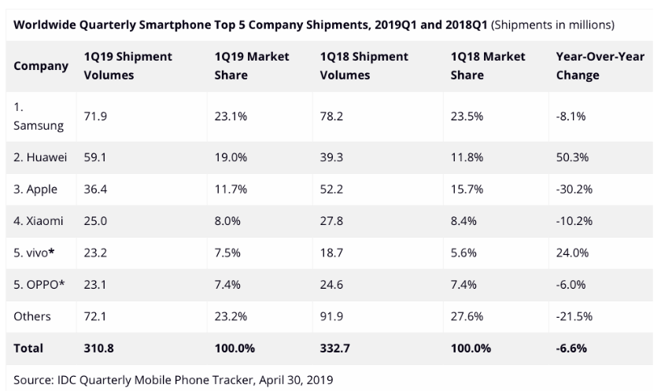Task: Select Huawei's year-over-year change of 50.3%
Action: click(571, 157)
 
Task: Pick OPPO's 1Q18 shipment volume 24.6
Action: click(334, 284)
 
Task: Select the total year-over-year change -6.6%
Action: click(572, 347)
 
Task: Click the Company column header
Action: click(41, 66)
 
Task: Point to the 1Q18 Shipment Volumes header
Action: click(364, 66)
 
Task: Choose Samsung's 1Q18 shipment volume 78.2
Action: click(334, 115)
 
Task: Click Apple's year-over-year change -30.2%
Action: click(574, 190)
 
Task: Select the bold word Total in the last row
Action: click(28, 347)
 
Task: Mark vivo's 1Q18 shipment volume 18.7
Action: click(333, 253)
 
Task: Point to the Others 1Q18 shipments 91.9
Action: click(334, 315)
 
